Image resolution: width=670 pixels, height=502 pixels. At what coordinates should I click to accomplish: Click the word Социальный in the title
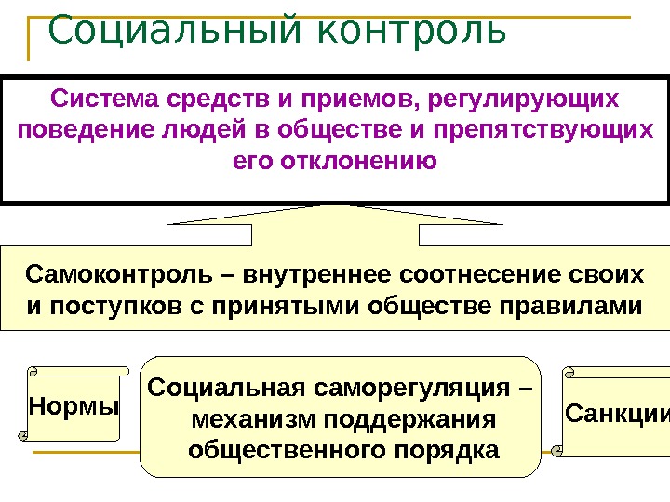pos(171,30)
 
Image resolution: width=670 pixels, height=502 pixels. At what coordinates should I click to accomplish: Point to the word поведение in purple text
pos(83,129)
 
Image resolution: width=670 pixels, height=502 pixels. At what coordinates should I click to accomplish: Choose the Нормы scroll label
pos(74,405)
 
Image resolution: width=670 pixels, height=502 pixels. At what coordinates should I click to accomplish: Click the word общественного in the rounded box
pos(284,450)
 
